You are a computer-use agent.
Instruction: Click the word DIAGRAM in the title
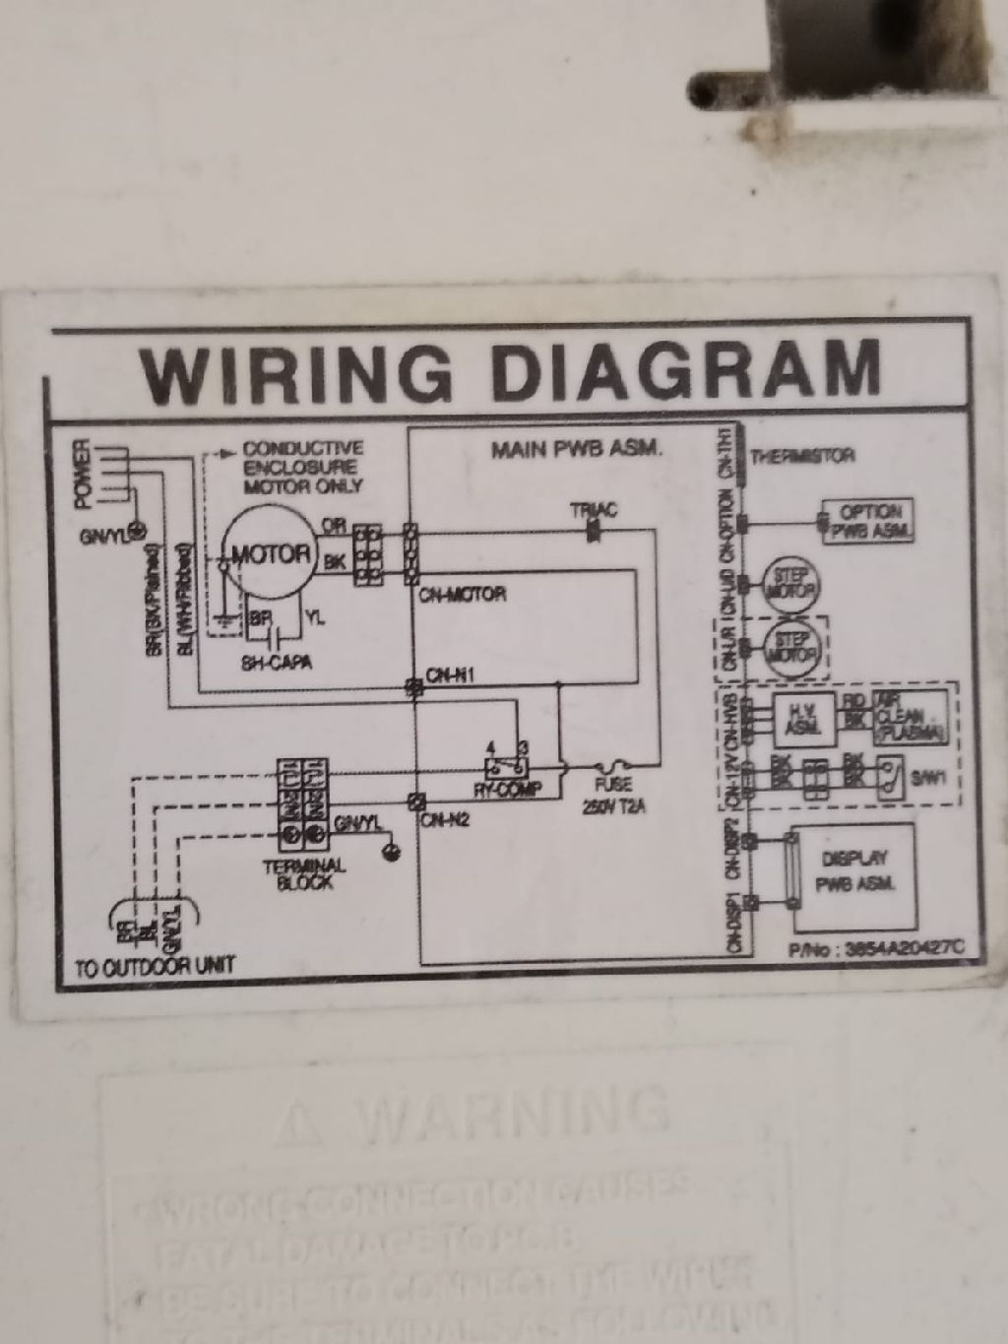(684, 368)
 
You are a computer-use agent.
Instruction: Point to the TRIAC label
(594, 510)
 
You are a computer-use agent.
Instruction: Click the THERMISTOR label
(802, 456)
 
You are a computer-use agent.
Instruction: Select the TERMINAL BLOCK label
(305, 874)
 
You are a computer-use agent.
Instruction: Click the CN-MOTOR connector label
(468, 594)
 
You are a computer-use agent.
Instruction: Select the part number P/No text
(874, 948)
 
